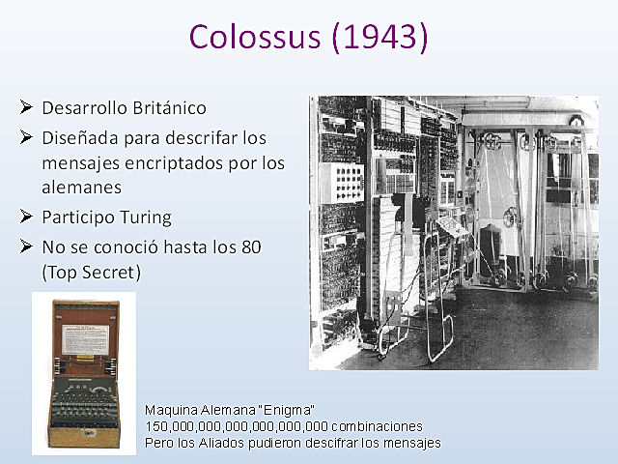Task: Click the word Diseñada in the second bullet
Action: tap(76, 138)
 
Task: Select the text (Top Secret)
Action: tap(92, 273)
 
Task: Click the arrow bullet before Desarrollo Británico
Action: tap(27, 106)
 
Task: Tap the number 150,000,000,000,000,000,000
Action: tap(237, 426)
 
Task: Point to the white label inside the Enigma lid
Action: tap(85, 338)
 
